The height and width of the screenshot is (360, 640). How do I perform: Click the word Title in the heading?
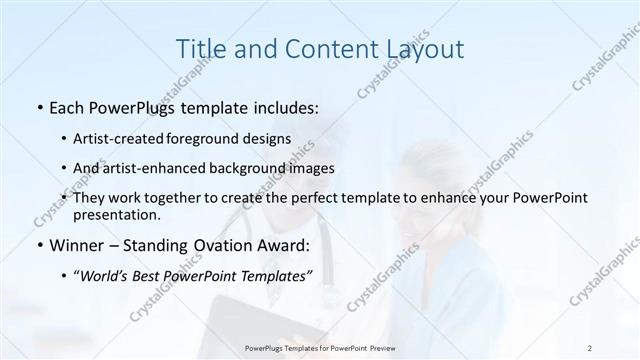tap(200, 47)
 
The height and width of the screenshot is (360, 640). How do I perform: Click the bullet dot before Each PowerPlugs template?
tap(38, 105)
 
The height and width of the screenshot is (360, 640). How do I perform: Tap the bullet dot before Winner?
tap(38, 245)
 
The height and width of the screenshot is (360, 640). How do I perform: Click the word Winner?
tap(78, 245)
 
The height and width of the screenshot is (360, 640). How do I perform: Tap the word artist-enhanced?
tap(146, 168)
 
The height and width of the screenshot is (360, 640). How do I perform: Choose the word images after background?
tap(296, 168)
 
